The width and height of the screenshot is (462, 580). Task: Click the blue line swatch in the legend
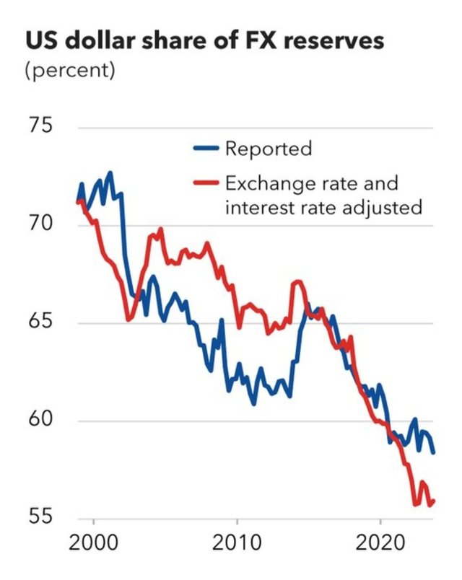point(206,149)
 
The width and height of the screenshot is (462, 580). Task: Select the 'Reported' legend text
point(269,149)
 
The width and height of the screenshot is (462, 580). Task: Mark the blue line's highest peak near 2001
point(110,172)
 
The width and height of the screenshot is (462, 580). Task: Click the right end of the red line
point(433,501)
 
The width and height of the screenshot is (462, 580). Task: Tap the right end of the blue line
point(434,453)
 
